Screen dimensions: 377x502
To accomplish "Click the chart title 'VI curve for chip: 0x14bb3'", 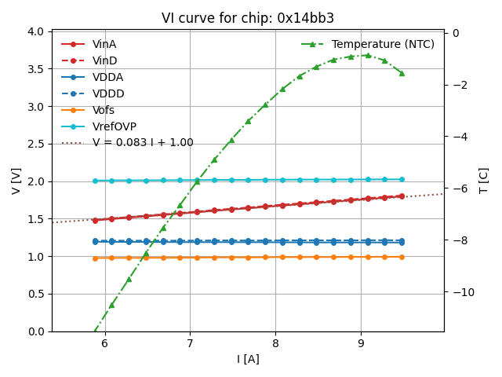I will click(248, 18).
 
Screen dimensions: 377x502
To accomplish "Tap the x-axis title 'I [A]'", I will click(248, 359).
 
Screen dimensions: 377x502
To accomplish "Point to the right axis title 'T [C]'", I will click(483, 181).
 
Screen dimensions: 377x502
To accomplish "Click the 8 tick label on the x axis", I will click(275, 343).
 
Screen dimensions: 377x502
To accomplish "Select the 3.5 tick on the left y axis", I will click(36, 69).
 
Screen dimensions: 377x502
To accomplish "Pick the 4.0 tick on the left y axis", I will click(36, 32).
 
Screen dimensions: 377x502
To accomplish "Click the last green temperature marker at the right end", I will click(402, 73).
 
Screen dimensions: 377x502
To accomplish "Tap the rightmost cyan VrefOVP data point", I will click(402, 179).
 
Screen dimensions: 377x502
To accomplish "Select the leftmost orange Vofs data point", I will click(95, 258).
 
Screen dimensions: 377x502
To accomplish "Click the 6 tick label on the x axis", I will click(104, 343).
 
